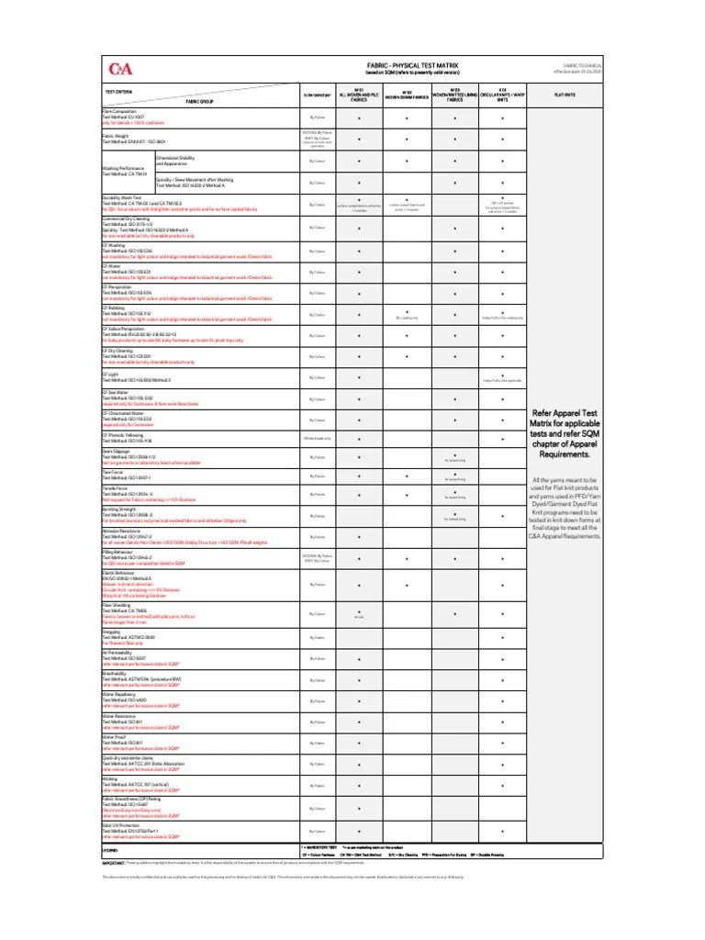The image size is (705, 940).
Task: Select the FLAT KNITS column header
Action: click(x=564, y=94)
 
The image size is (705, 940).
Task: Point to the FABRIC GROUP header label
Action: click(x=200, y=101)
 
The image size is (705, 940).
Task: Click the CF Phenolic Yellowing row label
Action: click(x=128, y=435)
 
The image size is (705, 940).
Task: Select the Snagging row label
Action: click(x=112, y=632)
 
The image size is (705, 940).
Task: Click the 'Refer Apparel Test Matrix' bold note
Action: click(x=564, y=433)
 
